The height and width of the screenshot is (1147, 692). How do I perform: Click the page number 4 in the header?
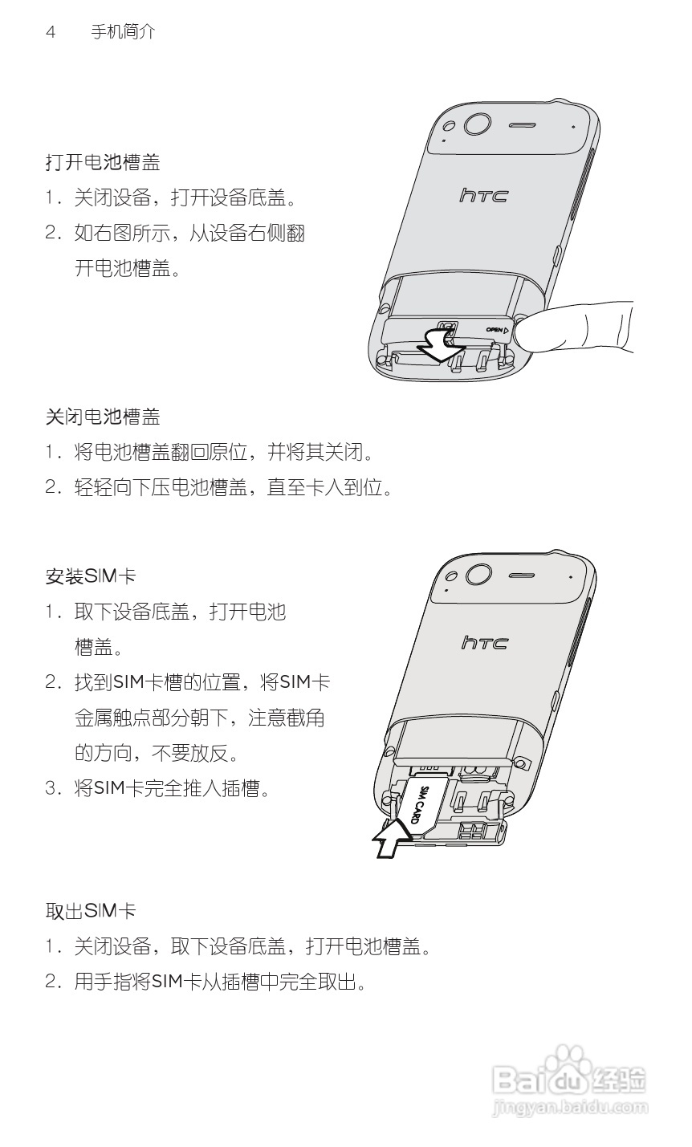[x=51, y=33]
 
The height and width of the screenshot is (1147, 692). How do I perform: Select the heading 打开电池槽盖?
[x=102, y=163]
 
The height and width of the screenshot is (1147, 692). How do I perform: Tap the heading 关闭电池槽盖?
[x=102, y=417]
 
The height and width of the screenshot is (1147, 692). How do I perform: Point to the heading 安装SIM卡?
[x=90, y=576]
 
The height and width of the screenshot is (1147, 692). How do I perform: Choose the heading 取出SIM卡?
[x=90, y=911]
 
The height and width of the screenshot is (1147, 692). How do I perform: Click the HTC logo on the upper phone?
[x=483, y=195]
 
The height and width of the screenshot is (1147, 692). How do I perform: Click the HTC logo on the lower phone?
[x=485, y=642]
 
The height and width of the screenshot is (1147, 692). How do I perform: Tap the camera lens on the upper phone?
[x=477, y=124]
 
